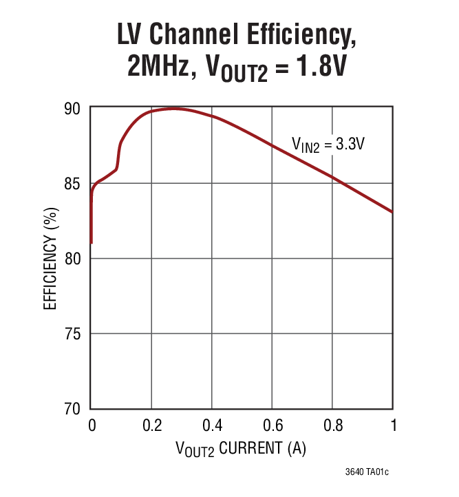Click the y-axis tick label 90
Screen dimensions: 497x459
tap(74, 108)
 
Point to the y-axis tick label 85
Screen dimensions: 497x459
tap(74, 184)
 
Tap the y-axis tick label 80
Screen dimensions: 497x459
tap(74, 259)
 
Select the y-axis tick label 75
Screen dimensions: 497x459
tap(74, 334)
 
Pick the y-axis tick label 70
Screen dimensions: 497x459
tap(74, 408)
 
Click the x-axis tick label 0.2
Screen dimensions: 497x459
tap(151, 425)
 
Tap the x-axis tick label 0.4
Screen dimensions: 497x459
tap(212, 425)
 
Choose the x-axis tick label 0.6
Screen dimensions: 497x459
tap(273, 425)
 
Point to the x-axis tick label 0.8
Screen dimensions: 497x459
tap(333, 425)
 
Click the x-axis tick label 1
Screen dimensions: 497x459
tap(393, 425)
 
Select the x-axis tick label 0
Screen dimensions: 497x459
tap(92, 425)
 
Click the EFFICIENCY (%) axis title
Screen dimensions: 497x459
tap(51, 258)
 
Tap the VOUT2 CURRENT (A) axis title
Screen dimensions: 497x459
tap(240, 449)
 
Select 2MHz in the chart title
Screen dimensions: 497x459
tap(158, 67)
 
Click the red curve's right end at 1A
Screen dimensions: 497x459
tap(393, 212)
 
